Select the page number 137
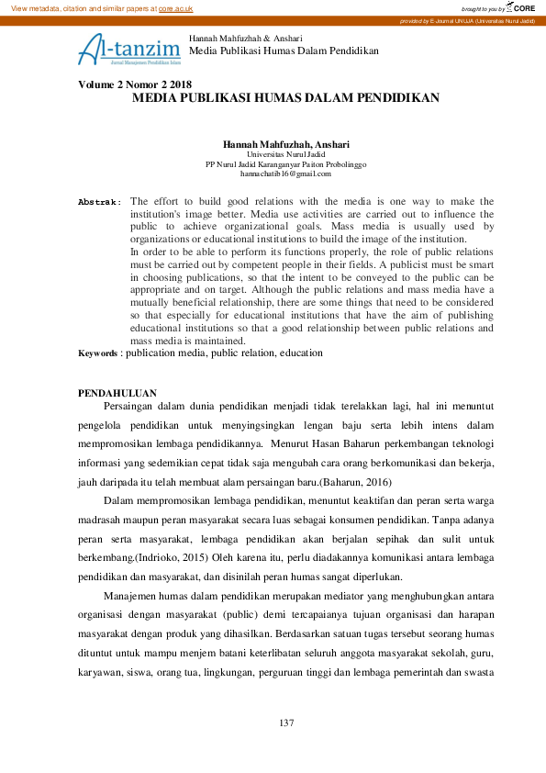(x=286, y=723)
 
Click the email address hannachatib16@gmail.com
(x=285, y=174)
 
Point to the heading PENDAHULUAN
(x=117, y=393)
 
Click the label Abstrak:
(x=99, y=201)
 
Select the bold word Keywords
(x=97, y=353)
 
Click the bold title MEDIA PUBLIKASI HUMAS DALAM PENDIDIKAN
(x=285, y=96)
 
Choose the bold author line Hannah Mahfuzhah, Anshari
(x=285, y=145)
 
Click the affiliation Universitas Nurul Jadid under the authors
(x=285, y=155)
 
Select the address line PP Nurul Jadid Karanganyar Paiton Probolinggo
(x=285, y=164)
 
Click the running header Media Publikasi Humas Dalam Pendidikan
(x=283, y=50)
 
